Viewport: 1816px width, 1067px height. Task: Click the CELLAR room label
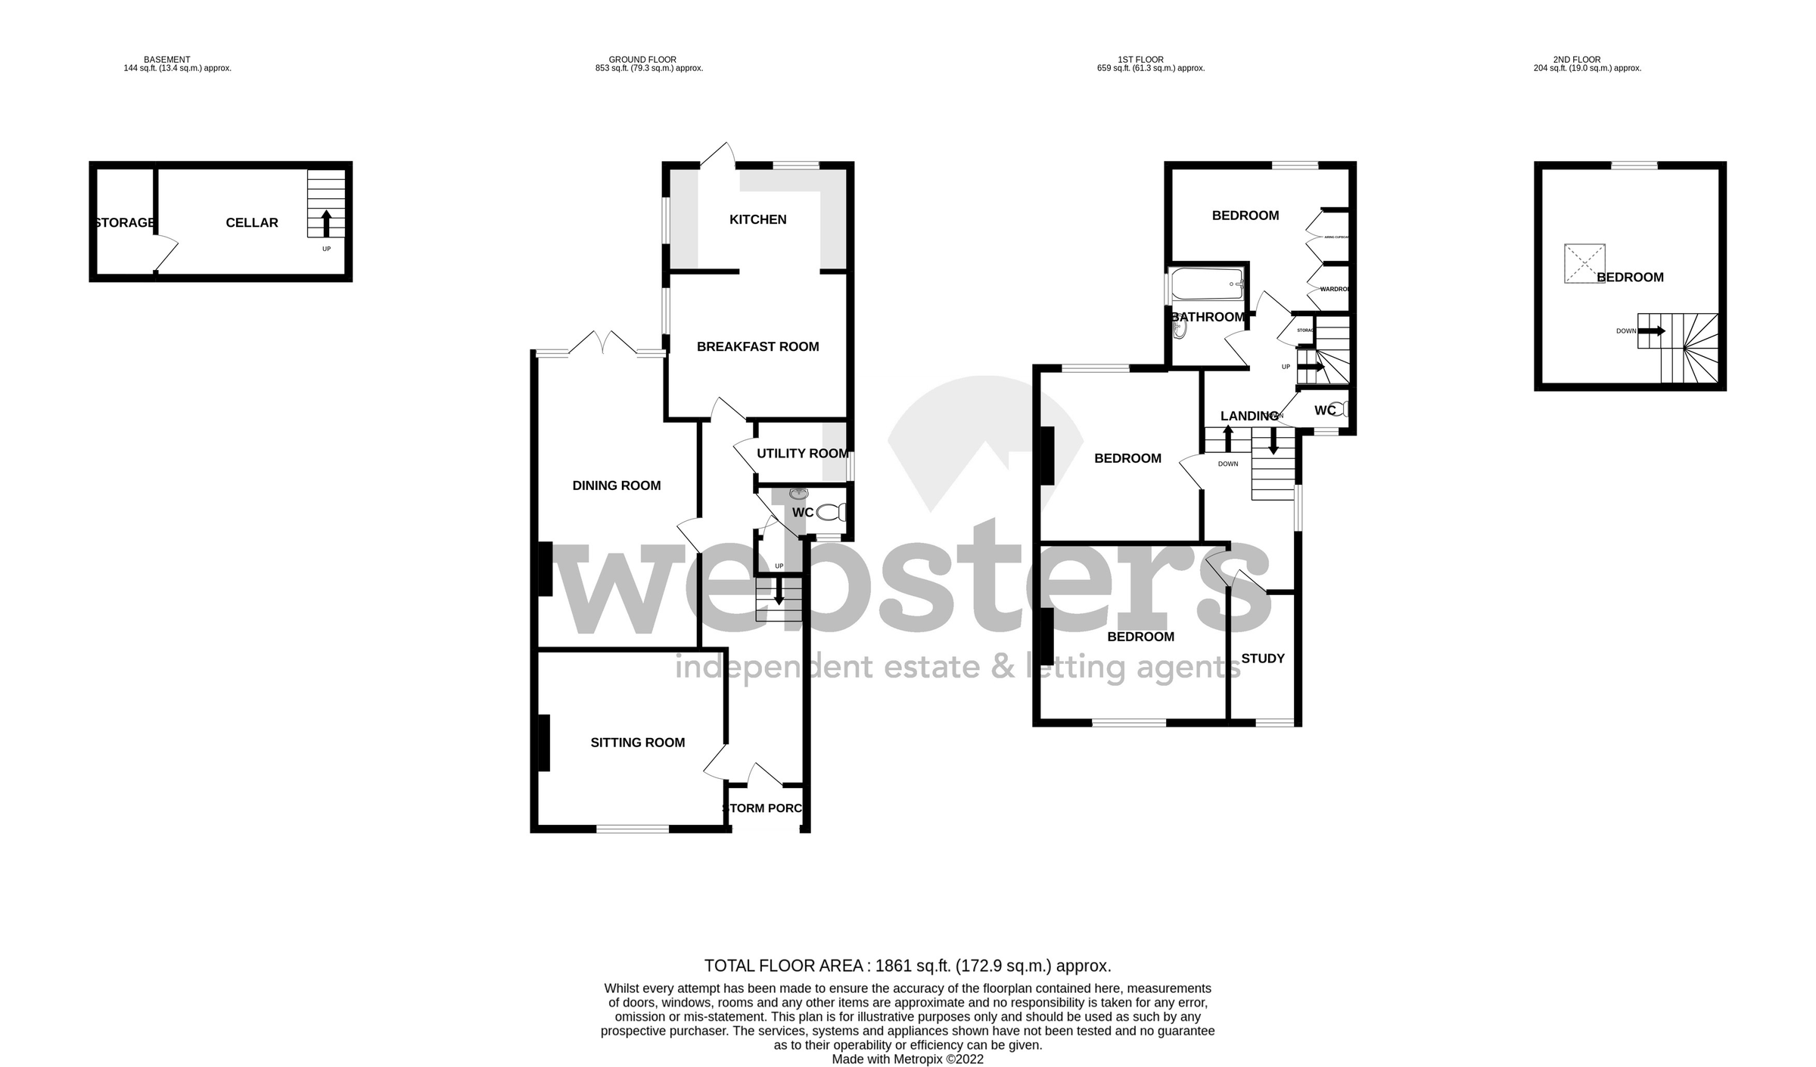point(252,222)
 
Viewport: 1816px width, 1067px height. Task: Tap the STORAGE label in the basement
point(125,222)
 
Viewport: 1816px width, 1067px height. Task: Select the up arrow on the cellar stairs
point(326,224)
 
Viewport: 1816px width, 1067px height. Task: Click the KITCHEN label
point(757,219)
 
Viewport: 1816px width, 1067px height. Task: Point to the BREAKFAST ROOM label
point(757,346)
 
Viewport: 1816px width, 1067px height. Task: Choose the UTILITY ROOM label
point(802,453)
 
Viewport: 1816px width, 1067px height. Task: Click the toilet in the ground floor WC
point(832,513)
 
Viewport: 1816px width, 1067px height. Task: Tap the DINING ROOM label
point(616,485)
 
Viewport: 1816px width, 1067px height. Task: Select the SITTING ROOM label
point(637,743)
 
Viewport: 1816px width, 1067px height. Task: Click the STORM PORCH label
point(762,808)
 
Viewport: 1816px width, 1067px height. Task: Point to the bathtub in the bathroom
point(1207,284)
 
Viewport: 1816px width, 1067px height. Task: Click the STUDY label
point(1263,659)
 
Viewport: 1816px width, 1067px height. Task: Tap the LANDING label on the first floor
point(1249,416)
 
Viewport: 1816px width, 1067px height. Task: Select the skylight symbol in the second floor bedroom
point(1584,263)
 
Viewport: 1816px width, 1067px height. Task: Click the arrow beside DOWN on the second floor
point(1653,330)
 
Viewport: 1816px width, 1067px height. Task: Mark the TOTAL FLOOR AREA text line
point(907,966)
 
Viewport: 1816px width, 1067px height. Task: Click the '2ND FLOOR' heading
point(1576,60)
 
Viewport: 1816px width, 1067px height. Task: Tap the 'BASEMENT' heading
point(167,60)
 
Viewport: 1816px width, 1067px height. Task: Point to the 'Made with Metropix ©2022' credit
point(907,1059)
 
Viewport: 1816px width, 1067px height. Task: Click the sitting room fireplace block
point(543,743)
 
